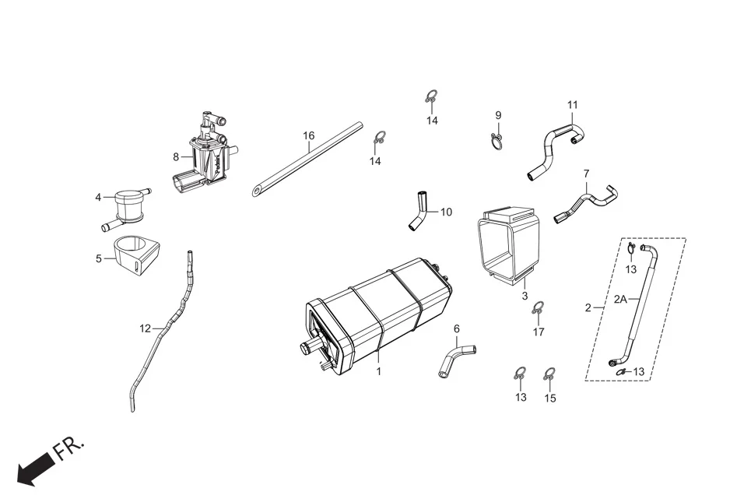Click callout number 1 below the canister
(x=379, y=372)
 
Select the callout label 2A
(x=621, y=299)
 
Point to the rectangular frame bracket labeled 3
(x=507, y=241)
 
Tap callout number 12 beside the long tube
(x=145, y=328)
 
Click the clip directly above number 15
(x=550, y=374)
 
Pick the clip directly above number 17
(x=538, y=310)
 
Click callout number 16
(x=309, y=135)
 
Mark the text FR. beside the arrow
(x=68, y=448)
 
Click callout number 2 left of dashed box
(x=588, y=308)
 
